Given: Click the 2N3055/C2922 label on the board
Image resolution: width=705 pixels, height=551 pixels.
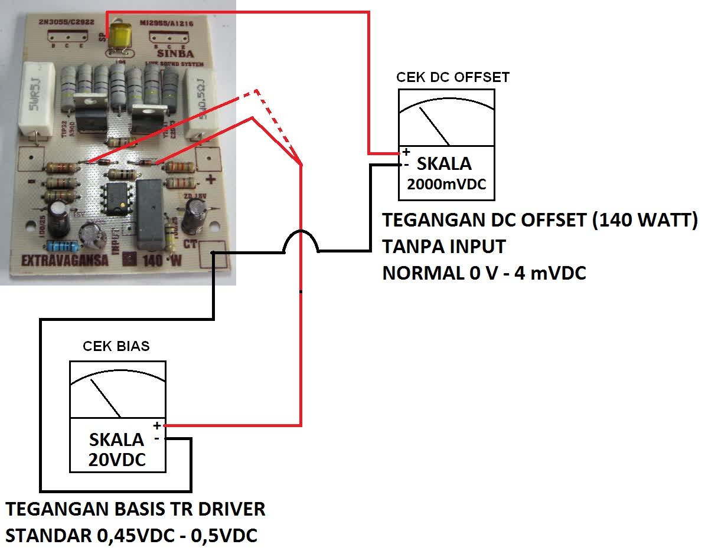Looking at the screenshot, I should [62, 24].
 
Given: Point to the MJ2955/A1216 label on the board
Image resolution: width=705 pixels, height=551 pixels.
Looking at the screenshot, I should [168, 24].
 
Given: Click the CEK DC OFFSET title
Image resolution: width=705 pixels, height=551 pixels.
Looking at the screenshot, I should [452, 77].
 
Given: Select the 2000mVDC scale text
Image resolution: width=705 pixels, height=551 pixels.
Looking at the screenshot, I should [446, 184].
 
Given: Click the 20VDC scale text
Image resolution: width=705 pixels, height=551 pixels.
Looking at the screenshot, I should [117, 460].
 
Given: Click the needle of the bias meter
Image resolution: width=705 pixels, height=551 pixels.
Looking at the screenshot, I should [106, 398].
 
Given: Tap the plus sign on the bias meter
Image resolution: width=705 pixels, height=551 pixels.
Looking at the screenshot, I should [156, 425].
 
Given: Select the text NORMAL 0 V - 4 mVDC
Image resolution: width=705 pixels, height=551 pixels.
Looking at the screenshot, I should [484, 273].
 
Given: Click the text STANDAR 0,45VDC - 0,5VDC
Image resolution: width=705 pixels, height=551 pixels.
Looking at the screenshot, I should [131, 536].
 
